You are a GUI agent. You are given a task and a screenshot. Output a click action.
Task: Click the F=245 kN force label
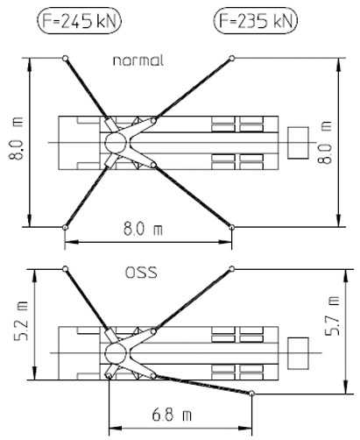(79, 21)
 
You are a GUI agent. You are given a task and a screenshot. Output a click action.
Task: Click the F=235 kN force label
(256, 21)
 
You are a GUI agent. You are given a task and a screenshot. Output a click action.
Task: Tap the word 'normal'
(138, 60)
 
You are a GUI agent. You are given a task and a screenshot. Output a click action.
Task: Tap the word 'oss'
(141, 273)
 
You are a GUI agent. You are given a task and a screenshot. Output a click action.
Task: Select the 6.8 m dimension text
(172, 415)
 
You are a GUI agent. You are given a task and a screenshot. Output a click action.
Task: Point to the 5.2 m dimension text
(22, 321)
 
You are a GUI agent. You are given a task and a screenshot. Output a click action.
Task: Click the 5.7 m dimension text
(333, 316)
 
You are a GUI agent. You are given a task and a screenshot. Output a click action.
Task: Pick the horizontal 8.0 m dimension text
(143, 229)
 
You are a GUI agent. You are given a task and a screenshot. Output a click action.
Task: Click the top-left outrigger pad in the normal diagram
(66, 58)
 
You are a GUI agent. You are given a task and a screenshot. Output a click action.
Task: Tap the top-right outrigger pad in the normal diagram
(231, 58)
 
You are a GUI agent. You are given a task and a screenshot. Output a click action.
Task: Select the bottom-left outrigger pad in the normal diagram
(66, 227)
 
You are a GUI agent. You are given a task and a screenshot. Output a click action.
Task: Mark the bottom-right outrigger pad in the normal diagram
(231, 227)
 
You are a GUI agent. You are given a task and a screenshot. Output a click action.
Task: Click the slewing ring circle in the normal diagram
(105, 143)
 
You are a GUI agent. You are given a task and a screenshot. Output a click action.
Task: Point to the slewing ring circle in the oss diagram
(105, 353)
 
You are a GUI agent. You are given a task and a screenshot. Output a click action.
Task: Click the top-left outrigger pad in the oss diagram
(66, 269)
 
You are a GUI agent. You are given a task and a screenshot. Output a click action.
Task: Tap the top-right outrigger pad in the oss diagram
(231, 268)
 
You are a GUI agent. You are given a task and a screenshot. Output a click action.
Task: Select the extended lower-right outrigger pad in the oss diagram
(251, 394)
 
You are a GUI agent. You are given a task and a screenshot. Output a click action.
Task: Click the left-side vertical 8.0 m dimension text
(16, 138)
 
